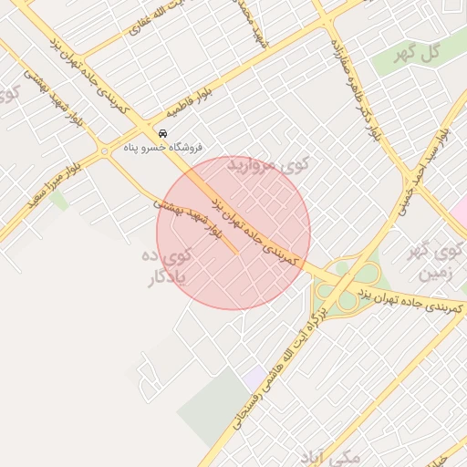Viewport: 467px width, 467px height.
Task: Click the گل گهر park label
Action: (419, 54)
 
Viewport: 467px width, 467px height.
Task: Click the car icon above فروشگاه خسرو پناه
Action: (163, 131)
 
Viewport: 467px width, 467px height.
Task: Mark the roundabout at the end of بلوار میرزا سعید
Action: (105, 150)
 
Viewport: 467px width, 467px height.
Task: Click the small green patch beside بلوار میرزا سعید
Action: (59, 200)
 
